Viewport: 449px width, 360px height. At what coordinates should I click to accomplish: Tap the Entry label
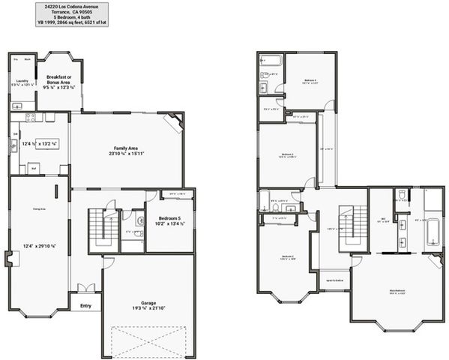pyautogui.click(x=85, y=305)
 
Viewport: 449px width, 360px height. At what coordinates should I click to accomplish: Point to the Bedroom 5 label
pyautogui.click(x=169, y=219)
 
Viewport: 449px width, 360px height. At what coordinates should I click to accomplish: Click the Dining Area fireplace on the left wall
pyautogui.click(x=9, y=259)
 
